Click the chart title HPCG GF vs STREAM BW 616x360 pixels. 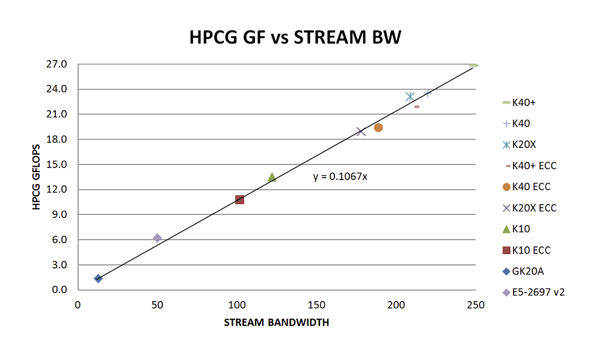point(295,37)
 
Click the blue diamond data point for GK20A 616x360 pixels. point(98,278)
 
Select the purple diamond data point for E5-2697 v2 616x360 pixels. point(158,238)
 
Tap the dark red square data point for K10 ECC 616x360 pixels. point(239,199)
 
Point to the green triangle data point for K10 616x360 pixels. point(272,177)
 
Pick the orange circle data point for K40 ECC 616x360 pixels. point(378,128)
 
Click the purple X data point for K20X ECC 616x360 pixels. point(361,132)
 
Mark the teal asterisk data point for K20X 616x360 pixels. point(410,96)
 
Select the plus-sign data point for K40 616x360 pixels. point(428,93)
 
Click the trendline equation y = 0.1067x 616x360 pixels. point(340,177)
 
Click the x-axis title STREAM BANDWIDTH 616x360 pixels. point(276,323)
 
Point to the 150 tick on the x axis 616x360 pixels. point(316,305)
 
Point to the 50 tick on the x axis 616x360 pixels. point(158,305)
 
